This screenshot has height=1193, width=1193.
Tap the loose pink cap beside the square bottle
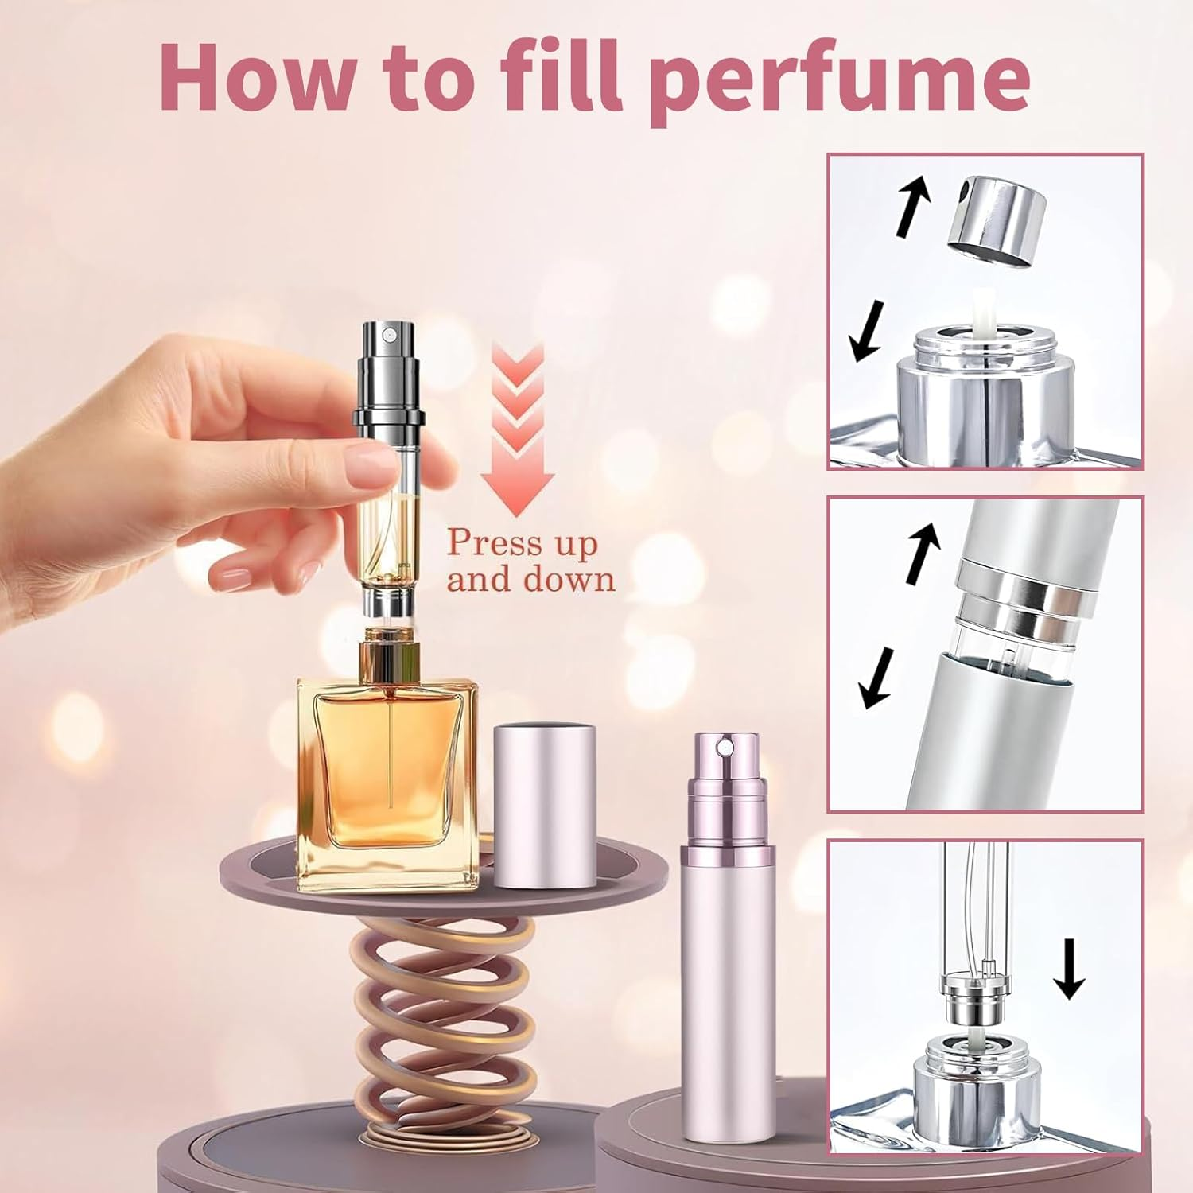[x=545, y=803]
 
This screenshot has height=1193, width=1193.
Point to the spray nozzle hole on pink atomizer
[x=724, y=747]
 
